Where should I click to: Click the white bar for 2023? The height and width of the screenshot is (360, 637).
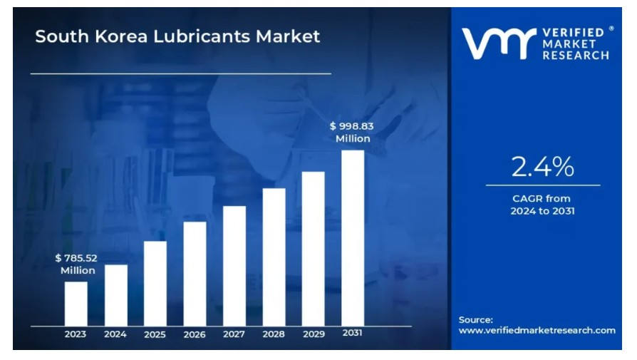pyautogui.click(x=76, y=303)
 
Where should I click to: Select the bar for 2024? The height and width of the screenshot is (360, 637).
pyautogui.click(x=116, y=294)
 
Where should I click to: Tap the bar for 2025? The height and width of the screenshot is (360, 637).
pyautogui.click(x=155, y=283)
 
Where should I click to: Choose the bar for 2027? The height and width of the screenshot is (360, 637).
pyautogui.click(x=234, y=265)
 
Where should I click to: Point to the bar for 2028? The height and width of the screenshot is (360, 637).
pyautogui.click(x=274, y=257)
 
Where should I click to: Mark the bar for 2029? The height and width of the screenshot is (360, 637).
pyautogui.click(x=314, y=248)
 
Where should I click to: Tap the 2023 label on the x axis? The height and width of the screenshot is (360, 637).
pyautogui.click(x=76, y=334)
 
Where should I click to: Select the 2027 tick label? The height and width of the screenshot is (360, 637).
pyautogui.click(x=234, y=334)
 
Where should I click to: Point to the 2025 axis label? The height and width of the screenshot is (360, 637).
pyautogui.click(x=155, y=334)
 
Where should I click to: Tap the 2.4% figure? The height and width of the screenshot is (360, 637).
pyautogui.click(x=542, y=167)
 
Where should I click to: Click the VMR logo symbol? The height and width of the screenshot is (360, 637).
pyautogui.click(x=497, y=44)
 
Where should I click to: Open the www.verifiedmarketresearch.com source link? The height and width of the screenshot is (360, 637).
pyautogui.click(x=537, y=330)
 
